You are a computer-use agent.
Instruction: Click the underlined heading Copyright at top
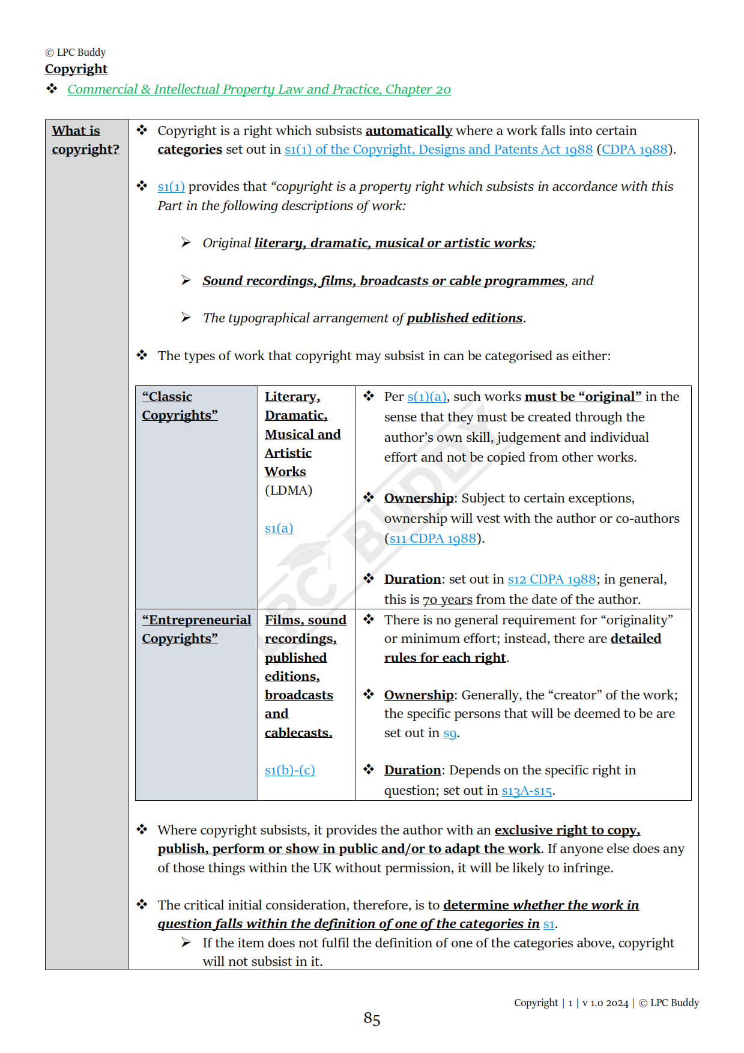click(x=76, y=69)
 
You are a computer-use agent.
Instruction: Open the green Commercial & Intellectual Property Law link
click(x=259, y=89)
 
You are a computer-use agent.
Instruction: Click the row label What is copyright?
click(x=85, y=140)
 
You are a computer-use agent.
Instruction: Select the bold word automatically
click(x=408, y=131)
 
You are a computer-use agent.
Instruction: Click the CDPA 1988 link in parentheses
click(x=635, y=149)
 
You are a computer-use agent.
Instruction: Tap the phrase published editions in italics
click(x=464, y=318)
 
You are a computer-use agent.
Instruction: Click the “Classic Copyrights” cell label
click(x=180, y=406)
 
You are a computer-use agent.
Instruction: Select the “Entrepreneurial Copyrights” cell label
click(x=196, y=629)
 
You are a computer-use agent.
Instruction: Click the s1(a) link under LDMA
click(x=279, y=528)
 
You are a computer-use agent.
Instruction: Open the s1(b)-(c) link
click(x=289, y=770)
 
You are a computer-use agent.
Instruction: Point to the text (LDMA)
click(x=288, y=490)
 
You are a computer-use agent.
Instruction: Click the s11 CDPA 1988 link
click(x=433, y=539)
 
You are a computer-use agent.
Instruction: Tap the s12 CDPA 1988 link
click(x=552, y=579)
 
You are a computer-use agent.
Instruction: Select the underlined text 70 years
click(x=447, y=600)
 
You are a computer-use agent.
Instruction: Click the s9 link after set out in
click(x=450, y=733)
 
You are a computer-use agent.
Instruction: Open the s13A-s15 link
click(x=527, y=791)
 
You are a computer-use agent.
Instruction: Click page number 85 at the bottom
click(x=372, y=1019)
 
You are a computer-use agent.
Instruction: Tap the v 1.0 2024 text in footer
click(x=605, y=1003)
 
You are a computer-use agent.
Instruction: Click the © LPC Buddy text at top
click(x=76, y=53)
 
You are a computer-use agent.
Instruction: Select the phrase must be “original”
click(x=582, y=397)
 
